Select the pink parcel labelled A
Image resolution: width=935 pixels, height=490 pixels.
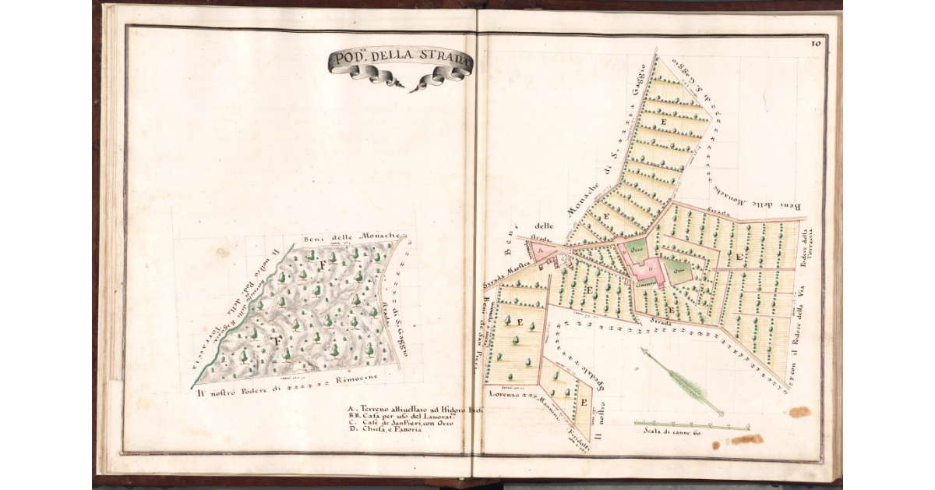point(540,250)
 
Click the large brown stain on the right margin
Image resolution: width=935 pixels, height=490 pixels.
point(799,411)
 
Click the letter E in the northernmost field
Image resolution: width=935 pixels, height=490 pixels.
point(664,123)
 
